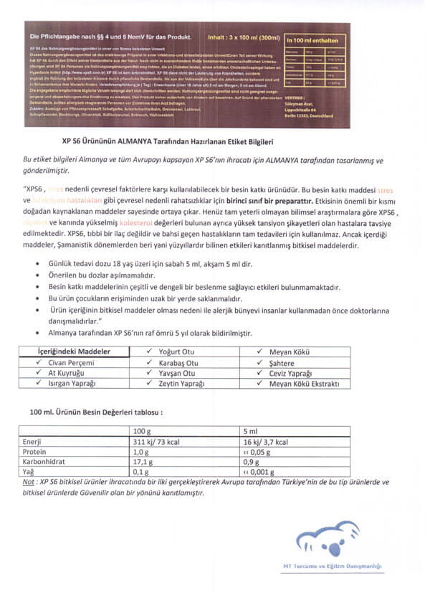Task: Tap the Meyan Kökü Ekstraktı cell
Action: coord(304,384)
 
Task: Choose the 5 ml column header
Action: coord(251,430)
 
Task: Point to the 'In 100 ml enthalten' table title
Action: coord(315,42)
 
